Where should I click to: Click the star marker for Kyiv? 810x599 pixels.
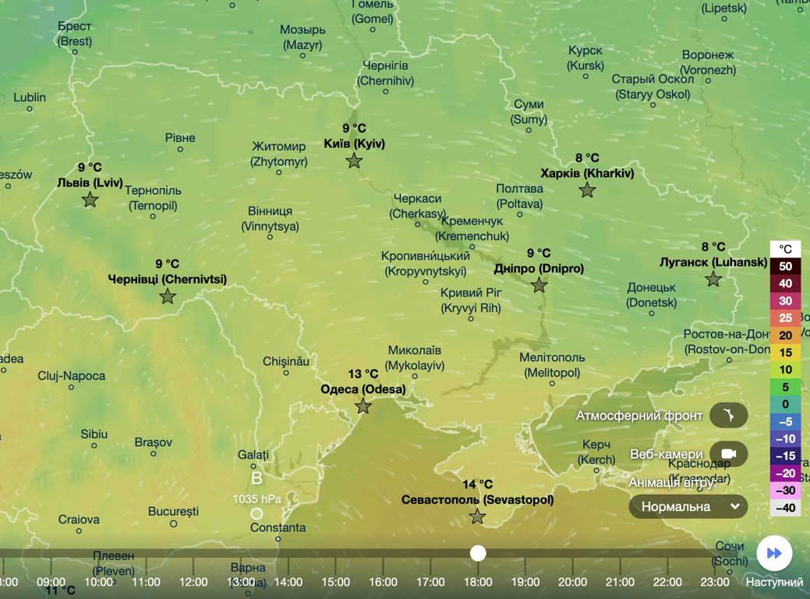point(354,161)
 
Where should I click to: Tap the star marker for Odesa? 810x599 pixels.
point(363,406)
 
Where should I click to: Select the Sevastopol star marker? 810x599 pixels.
point(477,516)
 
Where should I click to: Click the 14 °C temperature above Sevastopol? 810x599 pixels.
point(477,484)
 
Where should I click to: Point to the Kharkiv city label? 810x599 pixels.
point(587,173)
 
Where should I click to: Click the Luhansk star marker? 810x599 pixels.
point(713,279)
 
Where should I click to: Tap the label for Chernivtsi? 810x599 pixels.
point(168,278)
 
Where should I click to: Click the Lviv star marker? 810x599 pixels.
point(90,200)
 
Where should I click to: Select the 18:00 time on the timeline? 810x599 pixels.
point(478,582)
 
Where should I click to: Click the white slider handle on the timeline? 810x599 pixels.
point(478,553)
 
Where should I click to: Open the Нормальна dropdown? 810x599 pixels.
point(688,507)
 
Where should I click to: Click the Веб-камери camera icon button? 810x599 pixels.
point(729,454)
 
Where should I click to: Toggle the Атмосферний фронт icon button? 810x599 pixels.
point(729,415)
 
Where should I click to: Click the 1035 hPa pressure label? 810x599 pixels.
point(256,498)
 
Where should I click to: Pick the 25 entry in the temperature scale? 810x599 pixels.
point(785,318)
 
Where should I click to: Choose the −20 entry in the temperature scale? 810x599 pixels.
point(785,473)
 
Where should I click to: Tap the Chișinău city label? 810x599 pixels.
point(286,361)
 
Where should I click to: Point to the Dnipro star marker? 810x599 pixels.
point(539,285)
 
